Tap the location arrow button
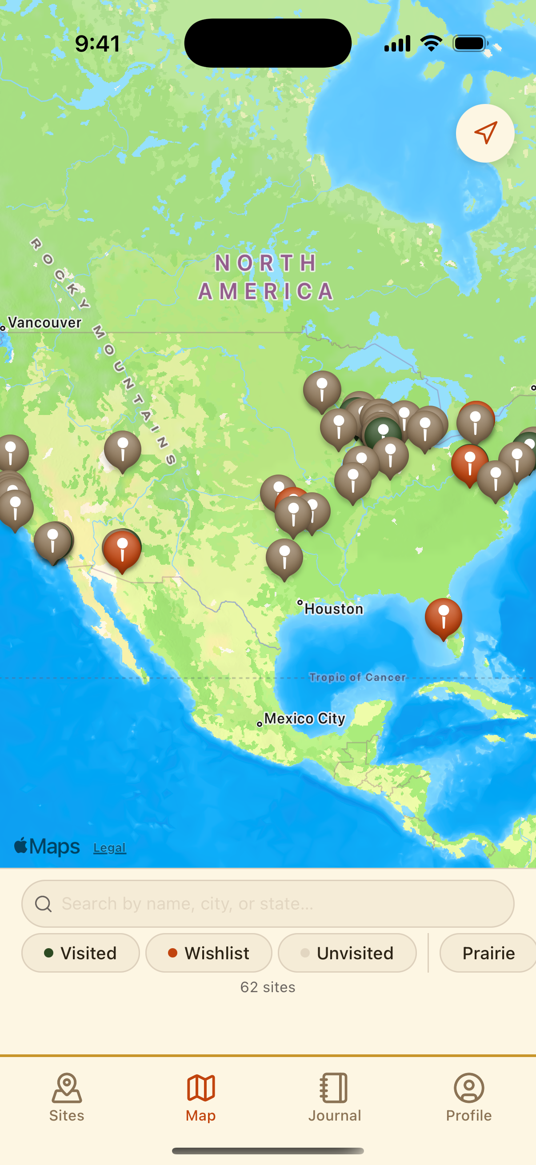point(485,133)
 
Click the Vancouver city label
point(44,323)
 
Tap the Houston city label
point(333,609)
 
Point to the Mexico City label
point(304,718)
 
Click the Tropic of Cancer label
point(357,677)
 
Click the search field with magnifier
point(268,904)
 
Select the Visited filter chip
point(80,953)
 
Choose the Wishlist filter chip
point(208,953)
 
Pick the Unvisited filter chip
point(347,953)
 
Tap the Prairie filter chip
point(488,953)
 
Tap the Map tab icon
point(201,1088)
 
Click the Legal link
point(109,847)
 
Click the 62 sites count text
point(268,987)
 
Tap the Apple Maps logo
point(47,846)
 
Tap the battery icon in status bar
point(470,44)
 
